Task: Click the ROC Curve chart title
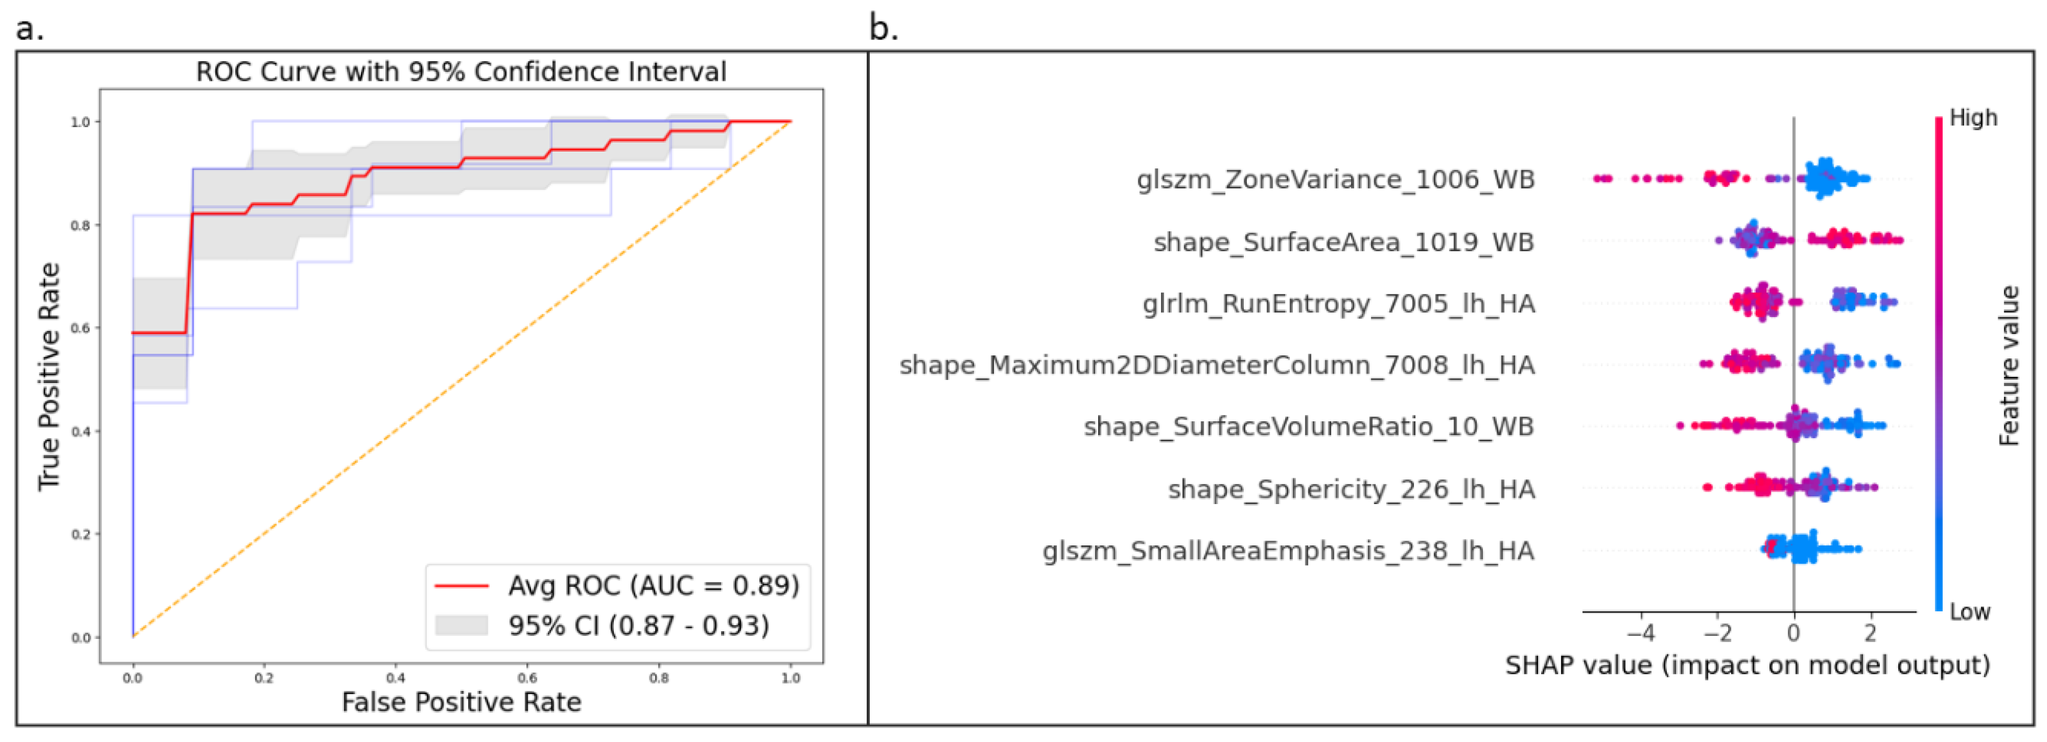click(x=461, y=71)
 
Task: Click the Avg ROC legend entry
click(x=652, y=586)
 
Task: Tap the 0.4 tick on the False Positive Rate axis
click(x=395, y=678)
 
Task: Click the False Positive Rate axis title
click(x=461, y=702)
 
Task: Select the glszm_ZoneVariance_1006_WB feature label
click(x=1335, y=180)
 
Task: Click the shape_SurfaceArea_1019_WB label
click(x=1343, y=242)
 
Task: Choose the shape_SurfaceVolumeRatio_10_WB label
click(x=1308, y=427)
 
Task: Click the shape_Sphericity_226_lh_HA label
click(x=1351, y=489)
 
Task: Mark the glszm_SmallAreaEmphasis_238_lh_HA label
click(x=1288, y=551)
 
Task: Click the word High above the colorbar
click(x=1973, y=117)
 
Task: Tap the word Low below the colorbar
click(x=1969, y=613)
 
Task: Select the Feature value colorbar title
click(x=2008, y=366)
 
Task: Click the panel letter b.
click(x=883, y=29)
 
